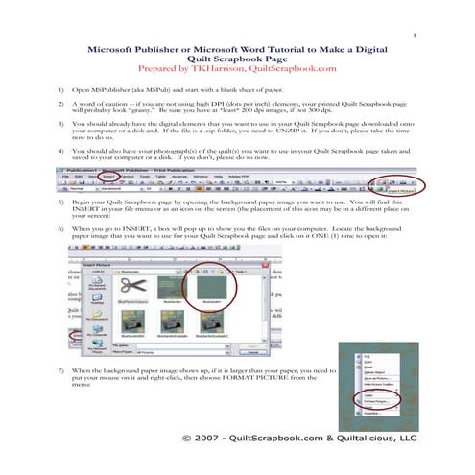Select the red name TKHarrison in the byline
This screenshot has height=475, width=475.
(220, 69)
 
